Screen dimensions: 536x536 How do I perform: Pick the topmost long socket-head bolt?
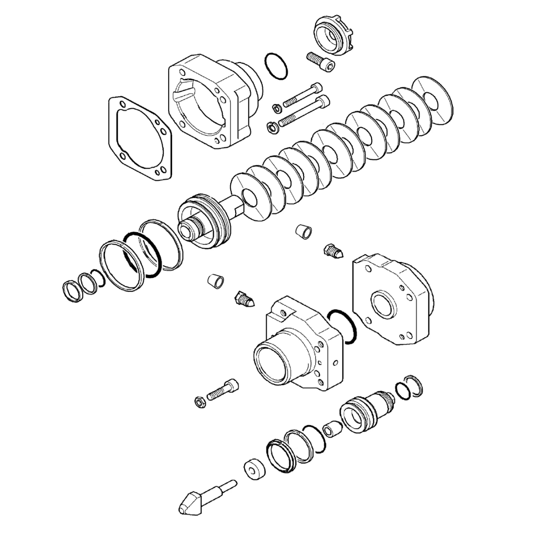point(302,94)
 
